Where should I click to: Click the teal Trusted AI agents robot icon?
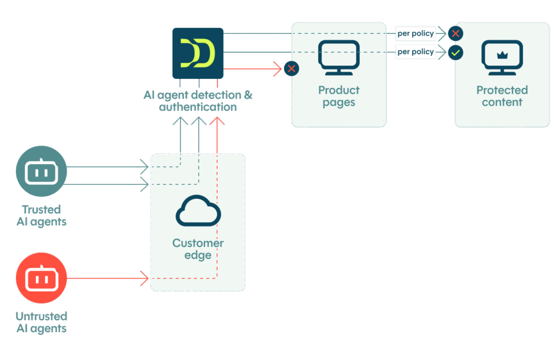[42, 171]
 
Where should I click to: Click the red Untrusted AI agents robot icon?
[42, 278]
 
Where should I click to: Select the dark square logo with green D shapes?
[198, 53]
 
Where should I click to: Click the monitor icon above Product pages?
[339, 58]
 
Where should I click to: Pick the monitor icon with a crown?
[502, 58]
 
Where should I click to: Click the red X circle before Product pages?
[291, 68]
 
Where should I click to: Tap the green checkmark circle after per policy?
[455, 53]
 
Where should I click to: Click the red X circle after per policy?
[455, 34]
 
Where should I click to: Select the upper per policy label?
[416, 34]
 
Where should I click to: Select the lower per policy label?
[416, 52]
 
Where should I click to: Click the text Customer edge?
[198, 249]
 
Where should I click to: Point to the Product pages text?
[339, 96]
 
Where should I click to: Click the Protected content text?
[502, 96]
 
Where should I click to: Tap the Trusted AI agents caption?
[42, 215]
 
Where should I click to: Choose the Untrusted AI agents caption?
[42, 322]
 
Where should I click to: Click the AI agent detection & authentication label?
[198, 101]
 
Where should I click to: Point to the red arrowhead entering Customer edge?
[145, 278]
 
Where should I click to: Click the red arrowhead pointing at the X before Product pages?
[277, 69]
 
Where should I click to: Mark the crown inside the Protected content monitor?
[502, 55]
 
